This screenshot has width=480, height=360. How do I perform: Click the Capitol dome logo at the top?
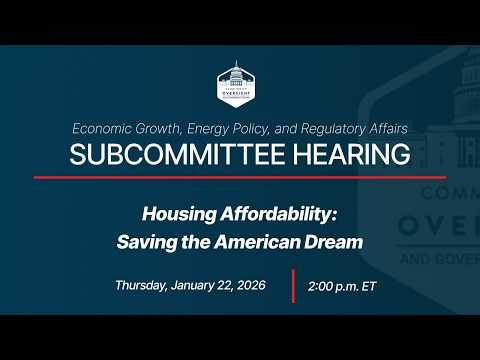point(240,82)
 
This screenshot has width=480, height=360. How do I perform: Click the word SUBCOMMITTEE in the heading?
point(168,154)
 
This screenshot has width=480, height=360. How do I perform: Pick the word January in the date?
point(199,285)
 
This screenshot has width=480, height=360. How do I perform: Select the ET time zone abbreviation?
point(369,285)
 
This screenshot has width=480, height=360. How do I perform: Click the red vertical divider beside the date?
point(293,285)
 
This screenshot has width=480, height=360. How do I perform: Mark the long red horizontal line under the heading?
point(240,177)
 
